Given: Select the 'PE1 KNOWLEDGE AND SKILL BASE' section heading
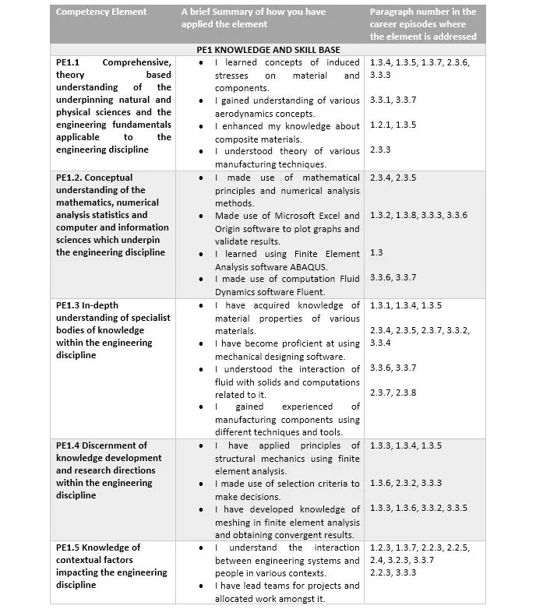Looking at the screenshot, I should pyautogui.click(x=268, y=49).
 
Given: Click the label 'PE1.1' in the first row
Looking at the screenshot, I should pyautogui.click(x=67, y=62).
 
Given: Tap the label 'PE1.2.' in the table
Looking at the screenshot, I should pyautogui.click(x=72, y=178).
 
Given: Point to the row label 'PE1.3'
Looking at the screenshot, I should pyautogui.click(x=69, y=305).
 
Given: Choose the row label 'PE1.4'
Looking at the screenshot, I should pyautogui.click(x=69, y=445).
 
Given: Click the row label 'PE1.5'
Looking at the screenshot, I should pyautogui.click(x=69, y=547).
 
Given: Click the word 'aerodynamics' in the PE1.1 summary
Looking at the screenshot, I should pyautogui.click(x=245, y=114).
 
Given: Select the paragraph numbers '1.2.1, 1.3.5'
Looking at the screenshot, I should pyautogui.click(x=393, y=125).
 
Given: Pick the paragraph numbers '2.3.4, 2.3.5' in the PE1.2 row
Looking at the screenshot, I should pyautogui.click(x=393, y=178).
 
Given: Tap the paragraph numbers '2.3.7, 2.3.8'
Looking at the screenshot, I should pyautogui.click(x=393, y=393).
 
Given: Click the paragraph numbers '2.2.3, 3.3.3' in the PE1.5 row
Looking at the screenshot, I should pyautogui.click(x=393, y=572).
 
